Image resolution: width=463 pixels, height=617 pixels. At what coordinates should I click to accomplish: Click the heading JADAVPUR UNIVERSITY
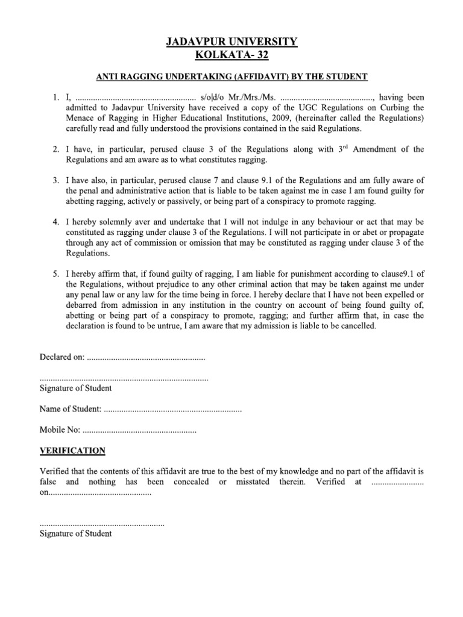click(x=231, y=42)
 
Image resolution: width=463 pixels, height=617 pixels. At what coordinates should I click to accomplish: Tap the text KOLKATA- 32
click(x=231, y=55)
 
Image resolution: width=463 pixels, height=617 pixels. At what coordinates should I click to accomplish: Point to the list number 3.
click(x=55, y=180)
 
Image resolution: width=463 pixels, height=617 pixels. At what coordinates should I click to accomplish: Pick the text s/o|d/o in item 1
click(x=216, y=96)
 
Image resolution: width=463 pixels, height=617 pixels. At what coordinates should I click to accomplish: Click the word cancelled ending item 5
click(x=355, y=326)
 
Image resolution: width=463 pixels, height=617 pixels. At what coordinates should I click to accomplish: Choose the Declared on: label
click(x=62, y=357)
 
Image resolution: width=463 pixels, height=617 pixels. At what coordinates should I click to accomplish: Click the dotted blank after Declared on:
click(x=146, y=358)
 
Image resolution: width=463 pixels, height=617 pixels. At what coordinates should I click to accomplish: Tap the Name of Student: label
click(x=70, y=410)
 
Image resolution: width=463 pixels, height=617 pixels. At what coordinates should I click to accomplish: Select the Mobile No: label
click(x=60, y=431)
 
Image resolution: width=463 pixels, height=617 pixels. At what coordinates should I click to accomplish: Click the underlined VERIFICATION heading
click(x=72, y=451)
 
